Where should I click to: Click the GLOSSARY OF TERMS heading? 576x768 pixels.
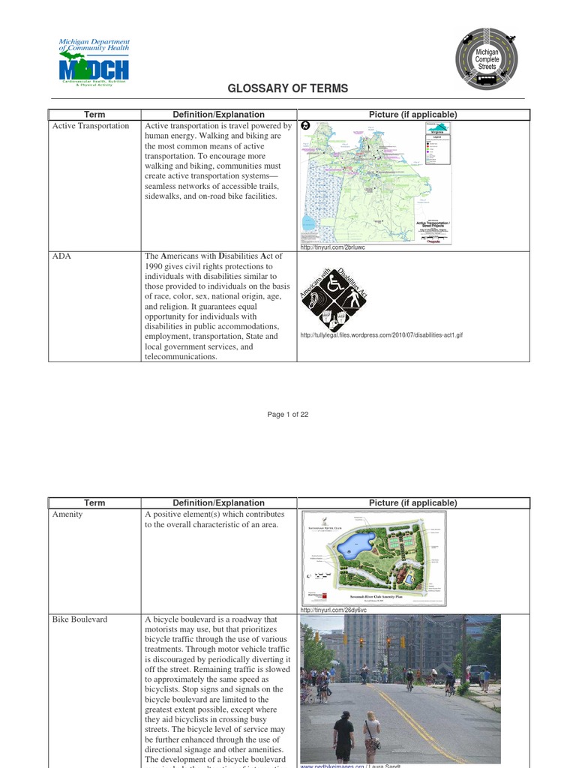pos(288,88)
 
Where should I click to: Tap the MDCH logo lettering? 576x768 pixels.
pos(94,70)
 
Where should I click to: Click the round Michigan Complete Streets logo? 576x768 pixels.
pos(487,58)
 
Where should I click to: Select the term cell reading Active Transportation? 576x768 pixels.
pos(91,126)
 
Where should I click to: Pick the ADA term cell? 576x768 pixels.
pos(61,256)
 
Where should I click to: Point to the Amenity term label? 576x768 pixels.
pos(67,515)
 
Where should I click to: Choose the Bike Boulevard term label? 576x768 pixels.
pos(79,619)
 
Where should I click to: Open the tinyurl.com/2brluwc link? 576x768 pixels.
pos(332,247)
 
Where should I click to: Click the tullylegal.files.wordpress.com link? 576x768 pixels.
pos(381,334)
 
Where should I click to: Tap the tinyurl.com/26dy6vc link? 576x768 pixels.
pos(332,610)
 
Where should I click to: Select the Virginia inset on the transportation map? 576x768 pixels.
pos(436,130)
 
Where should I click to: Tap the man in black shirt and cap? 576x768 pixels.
pos(343,736)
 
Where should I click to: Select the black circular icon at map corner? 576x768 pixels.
pos(305,126)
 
